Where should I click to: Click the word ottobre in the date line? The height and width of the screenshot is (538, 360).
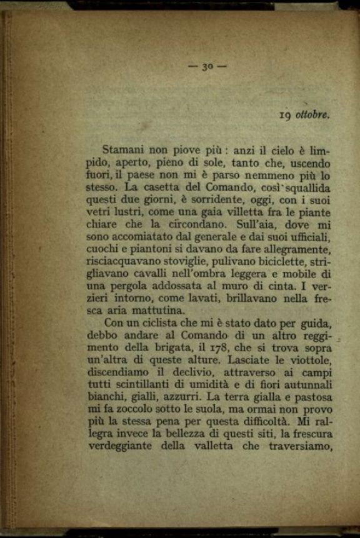312,114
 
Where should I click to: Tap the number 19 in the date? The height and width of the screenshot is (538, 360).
286,114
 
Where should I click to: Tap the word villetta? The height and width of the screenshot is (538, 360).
229,213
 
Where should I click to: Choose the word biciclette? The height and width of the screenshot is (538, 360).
279,263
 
